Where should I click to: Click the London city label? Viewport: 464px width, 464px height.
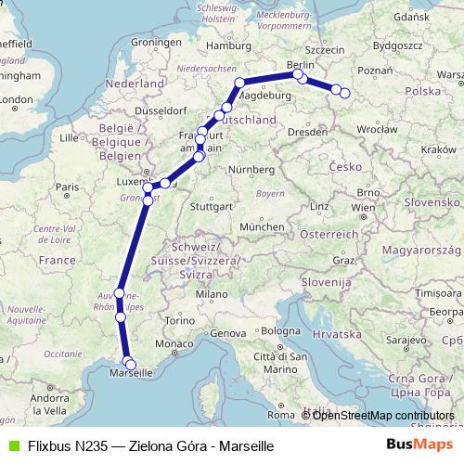(x=18, y=98)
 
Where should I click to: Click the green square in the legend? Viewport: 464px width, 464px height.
(x=11, y=445)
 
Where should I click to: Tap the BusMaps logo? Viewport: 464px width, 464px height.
(x=422, y=445)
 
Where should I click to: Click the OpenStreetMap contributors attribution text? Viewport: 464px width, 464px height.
(x=383, y=416)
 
